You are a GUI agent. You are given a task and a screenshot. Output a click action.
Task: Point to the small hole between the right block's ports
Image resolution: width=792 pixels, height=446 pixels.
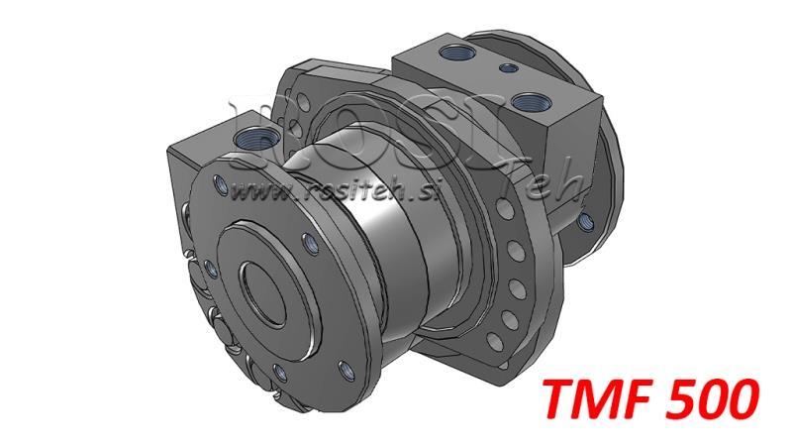click(x=507, y=68)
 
